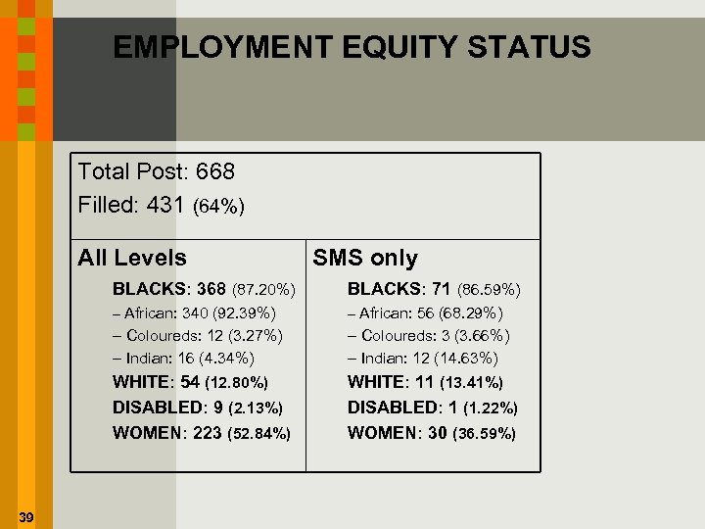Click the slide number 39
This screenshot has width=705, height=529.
(x=25, y=517)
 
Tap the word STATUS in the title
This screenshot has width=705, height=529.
(x=528, y=47)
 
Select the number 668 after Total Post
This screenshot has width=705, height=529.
(x=215, y=171)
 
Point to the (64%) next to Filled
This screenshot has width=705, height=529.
(x=219, y=207)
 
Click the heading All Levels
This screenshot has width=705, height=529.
(x=132, y=259)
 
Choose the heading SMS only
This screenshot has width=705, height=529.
(x=364, y=259)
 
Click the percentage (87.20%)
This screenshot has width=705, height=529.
(x=263, y=290)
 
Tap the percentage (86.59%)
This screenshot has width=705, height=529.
(x=489, y=290)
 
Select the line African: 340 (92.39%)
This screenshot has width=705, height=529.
(x=194, y=313)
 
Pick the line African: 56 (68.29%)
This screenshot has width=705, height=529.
(x=425, y=313)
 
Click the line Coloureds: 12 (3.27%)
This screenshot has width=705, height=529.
(x=198, y=336)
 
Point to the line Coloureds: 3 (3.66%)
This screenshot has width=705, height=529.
(x=429, y=336)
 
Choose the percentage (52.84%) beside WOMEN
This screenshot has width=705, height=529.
(x=258, y=433)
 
